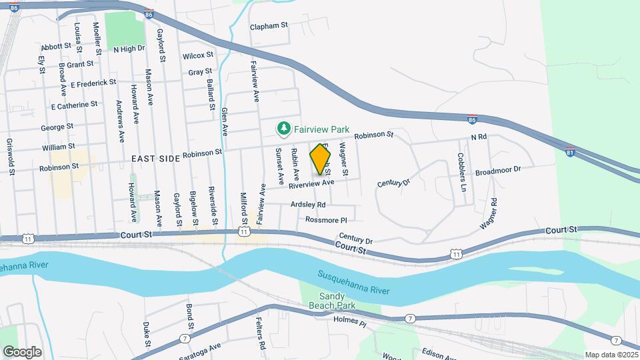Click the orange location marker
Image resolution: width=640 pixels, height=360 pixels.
pyautogui.click(x=321, y=159)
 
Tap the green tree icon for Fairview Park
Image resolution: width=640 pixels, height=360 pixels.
pyautogui.click(x=284, y=127)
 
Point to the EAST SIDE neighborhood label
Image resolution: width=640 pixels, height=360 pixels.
pyautogui.click(x=156, y=158)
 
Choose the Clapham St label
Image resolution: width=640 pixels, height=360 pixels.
pyautogui.click(x=268, y=26)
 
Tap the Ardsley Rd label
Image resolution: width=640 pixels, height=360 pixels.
pyautogui.click(x=308, y=204)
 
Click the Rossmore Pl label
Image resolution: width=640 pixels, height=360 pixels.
pyautogui.click(x=326, y=219)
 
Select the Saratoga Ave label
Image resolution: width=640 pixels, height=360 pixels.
pyautogui.click(x=199, y=350)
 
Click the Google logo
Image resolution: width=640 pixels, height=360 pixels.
pyautogui.click(x=21, y=351)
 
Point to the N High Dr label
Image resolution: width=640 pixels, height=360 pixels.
pyautogui.click(x=129, y=49)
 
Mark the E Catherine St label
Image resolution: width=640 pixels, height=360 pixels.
pyautogui.click(x=74, y=105)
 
